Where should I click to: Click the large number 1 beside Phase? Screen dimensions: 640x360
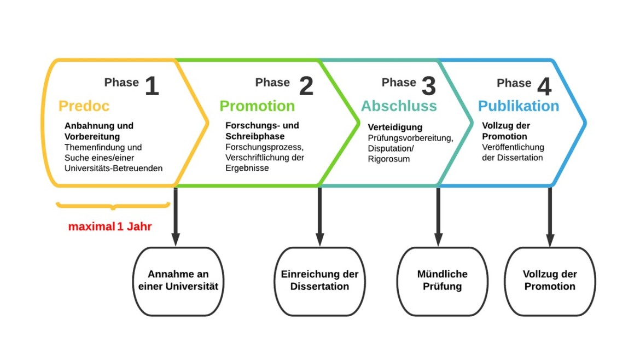click(152, 86)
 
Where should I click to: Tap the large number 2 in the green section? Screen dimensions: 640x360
click(306, 86)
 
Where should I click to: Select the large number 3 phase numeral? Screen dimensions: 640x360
click(428, 86)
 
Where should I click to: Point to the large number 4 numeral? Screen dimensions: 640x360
click(544, 86)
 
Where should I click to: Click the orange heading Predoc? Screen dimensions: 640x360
click(84, 106)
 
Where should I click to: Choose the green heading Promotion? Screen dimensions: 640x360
click(257, 106)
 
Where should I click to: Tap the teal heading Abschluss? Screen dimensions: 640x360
click(399, 106)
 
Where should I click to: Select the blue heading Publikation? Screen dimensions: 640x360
click(519, 106)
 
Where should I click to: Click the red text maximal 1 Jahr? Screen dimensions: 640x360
click(110, 227)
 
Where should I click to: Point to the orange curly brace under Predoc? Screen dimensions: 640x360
click(113, 206)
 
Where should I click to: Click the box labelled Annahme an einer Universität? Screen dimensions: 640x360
click(178, 281)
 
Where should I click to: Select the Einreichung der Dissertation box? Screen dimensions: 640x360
click(319, 281)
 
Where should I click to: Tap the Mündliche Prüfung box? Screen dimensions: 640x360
click(443, 281)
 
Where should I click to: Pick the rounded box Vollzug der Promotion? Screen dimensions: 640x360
click(550, 281)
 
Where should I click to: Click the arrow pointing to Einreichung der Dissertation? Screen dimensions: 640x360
click(319, 217)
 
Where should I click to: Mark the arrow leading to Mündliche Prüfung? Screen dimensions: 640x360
click(438, 217)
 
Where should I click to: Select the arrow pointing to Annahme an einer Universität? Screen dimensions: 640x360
click(176, 217)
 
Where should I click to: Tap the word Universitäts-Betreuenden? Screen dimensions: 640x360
click(113, 168)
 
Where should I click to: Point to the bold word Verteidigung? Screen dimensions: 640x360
click(395, 127)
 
